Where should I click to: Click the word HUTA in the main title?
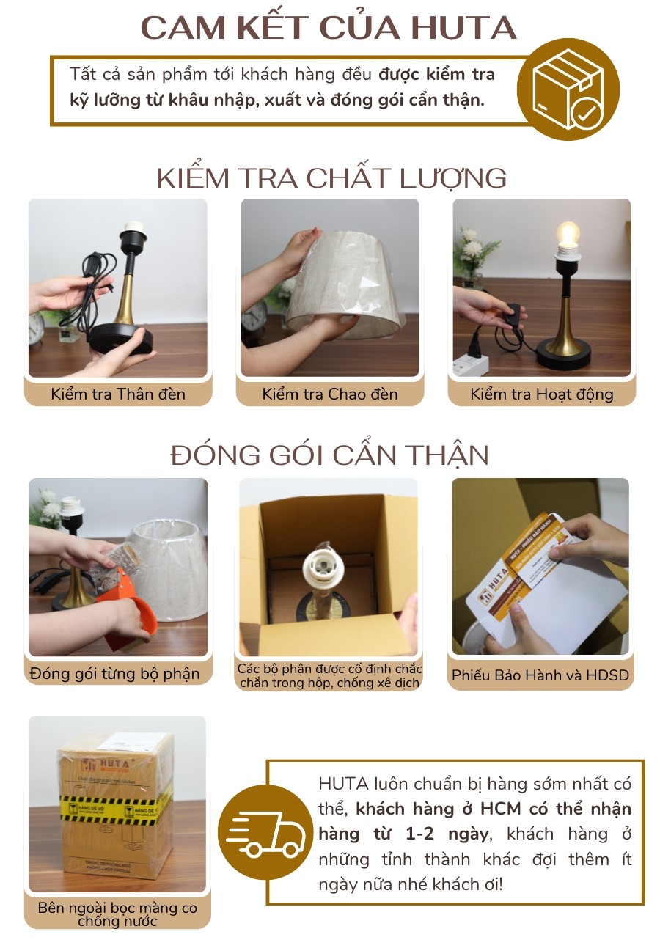click(463, 27)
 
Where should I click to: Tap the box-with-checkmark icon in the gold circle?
click(568, 89)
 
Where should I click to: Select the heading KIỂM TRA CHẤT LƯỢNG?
click(331, 178)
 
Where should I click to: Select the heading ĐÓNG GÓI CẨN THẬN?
click(330, 455)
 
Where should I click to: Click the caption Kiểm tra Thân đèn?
click(118, 394)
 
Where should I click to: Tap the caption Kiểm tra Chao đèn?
click(330, 394)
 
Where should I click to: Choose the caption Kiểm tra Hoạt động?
click(542, 394)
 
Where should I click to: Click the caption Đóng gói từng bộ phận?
click(115, 673)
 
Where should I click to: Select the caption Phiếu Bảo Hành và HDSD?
click(540, 675)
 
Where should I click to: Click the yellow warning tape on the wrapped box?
click(117, 806)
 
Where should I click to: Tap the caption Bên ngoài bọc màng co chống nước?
click(117, 914)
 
